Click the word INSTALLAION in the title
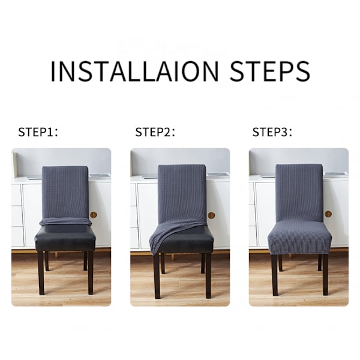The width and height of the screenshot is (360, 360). pos(134,71)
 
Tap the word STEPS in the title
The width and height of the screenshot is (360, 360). pos(270,71)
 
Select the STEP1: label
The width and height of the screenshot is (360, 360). pos(38,132)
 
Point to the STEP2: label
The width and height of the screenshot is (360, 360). pos(155,132)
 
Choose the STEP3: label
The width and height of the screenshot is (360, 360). pos(272,132)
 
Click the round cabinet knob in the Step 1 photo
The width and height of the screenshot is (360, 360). pos(94,215)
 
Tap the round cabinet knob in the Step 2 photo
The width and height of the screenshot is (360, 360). pos(211,215)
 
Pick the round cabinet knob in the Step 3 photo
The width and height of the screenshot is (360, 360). pos(328,214)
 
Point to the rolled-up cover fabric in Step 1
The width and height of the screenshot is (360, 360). pos(65,222)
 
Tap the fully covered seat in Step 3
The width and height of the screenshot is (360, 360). pos(299,238)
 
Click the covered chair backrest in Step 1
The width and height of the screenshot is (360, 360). pos(65,192)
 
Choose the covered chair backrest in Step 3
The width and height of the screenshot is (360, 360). pos(299,193)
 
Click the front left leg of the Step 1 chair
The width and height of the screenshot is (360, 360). pos(41,273)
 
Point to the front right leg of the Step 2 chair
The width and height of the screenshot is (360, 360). pos(208,276)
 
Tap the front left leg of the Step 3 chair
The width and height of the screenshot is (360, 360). pos(275,275)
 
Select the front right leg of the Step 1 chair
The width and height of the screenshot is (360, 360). pos(91,273)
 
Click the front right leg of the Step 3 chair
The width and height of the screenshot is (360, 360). pos(325,275)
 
